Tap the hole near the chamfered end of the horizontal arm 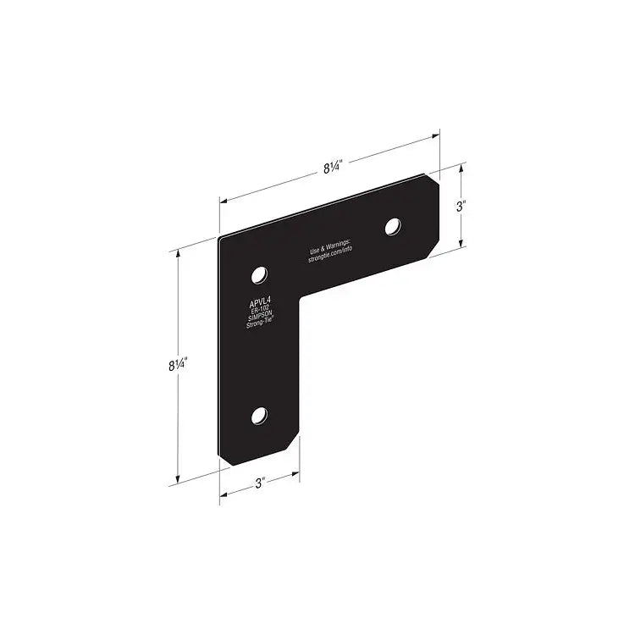[x=393, y=226]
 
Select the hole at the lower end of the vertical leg [x=260, y=415]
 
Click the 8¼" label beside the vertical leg [x=177, y=365]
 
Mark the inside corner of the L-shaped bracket [x=299, y=296]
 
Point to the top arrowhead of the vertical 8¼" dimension [x=178, y=254]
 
